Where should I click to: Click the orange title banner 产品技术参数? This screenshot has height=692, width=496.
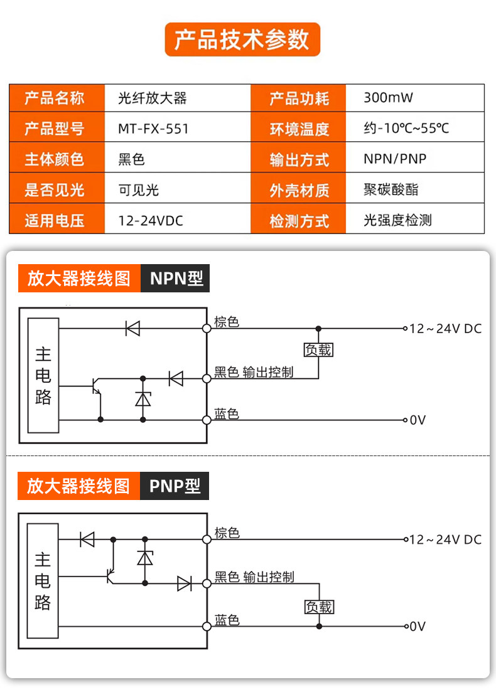[x=242, y=40]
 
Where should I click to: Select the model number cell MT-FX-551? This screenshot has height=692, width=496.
[x=153, y=129]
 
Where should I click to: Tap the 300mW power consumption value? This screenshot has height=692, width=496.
[x=388, y=97]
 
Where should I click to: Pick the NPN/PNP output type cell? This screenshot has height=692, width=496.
[x=395, y=159]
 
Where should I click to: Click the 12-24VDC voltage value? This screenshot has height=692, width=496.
[x=151, y=220]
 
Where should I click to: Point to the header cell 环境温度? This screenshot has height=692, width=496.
[x=299, y=129]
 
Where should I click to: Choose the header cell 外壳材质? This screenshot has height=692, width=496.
[x=299, y=189]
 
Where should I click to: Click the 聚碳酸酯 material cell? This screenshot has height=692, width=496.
[x=391, y=189]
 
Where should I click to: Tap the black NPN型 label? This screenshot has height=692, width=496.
[x=175, y=278]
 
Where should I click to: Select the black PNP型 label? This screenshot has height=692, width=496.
[x=175, y=486]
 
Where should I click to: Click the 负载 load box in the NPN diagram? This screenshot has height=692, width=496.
[x=318, y=350]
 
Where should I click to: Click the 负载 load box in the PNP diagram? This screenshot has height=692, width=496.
[x=320, y=607]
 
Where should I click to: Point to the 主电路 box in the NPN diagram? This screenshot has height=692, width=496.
[x=43, y=375]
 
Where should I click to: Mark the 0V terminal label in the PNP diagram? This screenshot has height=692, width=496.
[x=418, y=626]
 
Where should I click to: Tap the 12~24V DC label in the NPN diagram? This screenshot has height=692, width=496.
[x=445, y=329]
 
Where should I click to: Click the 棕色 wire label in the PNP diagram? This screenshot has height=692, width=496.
[x=227, y=533]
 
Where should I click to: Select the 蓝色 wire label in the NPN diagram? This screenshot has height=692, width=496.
[x=227, y=413]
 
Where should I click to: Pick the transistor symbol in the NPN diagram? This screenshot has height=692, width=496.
[x=96, y=386]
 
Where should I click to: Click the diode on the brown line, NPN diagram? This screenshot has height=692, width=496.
[x=132, y=328]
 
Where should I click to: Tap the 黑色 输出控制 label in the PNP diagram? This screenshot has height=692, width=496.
[x=254, y=577]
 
